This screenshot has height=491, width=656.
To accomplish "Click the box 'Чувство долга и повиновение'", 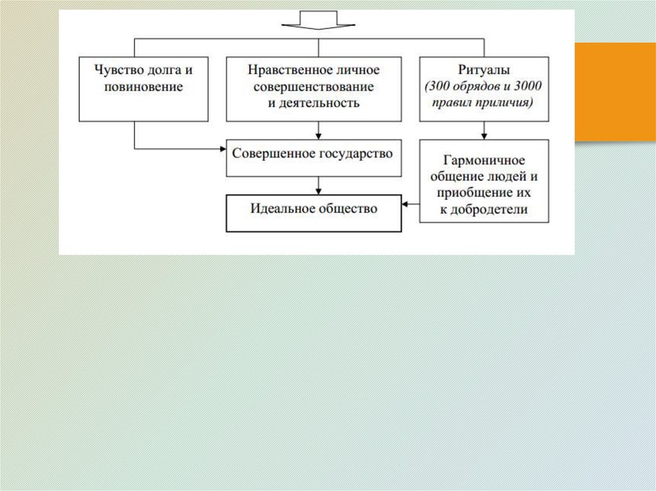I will (143, 89).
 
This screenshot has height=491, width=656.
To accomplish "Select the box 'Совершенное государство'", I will (314, 157).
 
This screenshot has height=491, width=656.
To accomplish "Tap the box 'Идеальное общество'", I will (314, 212).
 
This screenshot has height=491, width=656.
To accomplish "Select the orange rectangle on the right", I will (615, 92).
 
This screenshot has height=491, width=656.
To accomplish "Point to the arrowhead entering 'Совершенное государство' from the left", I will (222, 149).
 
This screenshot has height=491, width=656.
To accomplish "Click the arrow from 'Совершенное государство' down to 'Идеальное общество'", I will (318, 186).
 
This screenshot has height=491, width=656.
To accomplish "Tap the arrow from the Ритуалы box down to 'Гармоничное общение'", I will (484, 131).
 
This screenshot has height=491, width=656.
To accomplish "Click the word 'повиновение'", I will (143, 86).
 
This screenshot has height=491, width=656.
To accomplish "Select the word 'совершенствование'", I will (314, 86).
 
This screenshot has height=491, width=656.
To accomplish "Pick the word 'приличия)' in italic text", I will (509, 102).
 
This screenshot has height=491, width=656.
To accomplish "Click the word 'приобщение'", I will (471, 193).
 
